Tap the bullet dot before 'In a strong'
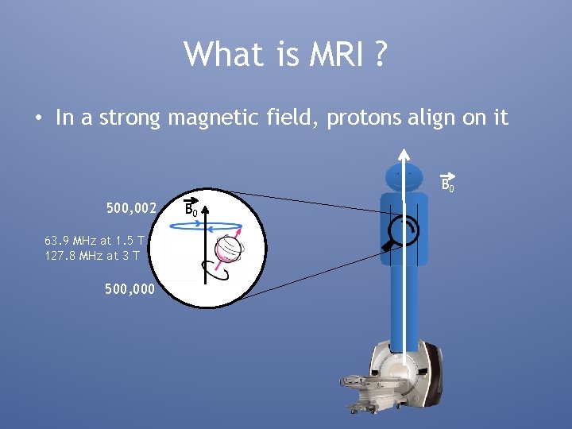38,119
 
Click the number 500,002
132,208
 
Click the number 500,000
132,290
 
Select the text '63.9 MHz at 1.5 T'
95,240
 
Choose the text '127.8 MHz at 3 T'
93,255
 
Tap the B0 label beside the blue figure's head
447,184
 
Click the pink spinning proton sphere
228,249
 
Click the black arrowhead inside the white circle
204,212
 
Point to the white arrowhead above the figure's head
404,154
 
